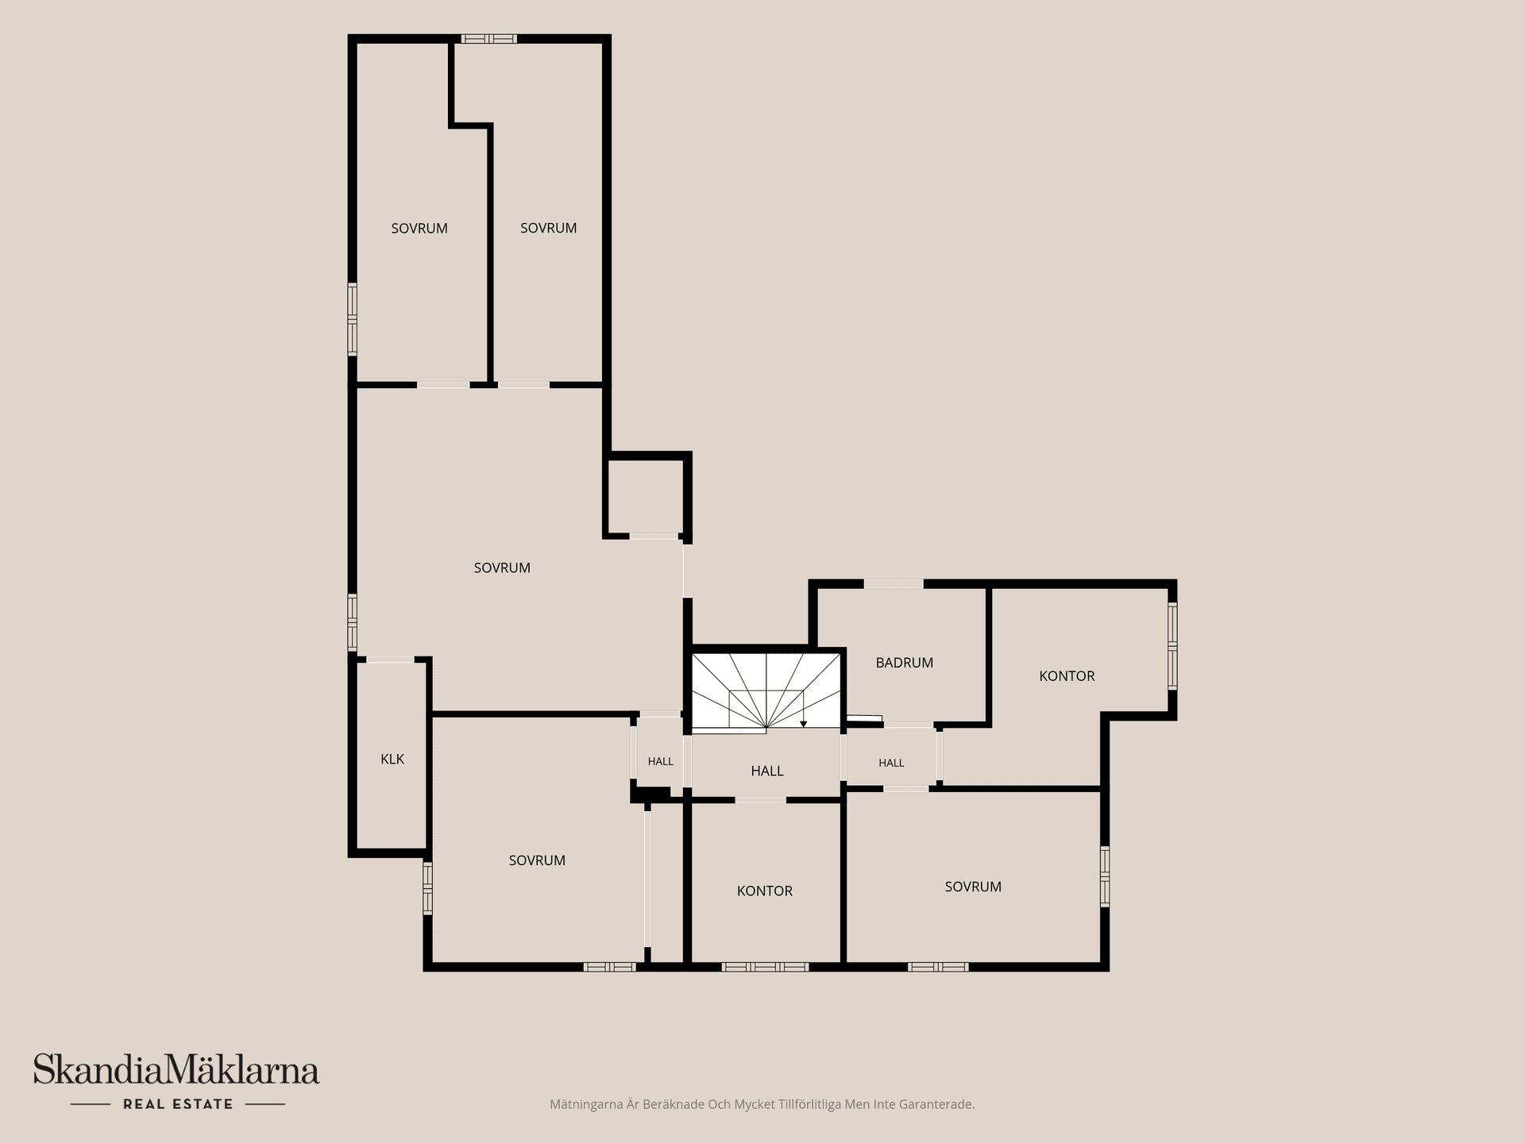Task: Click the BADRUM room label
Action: click(x=904, y=663)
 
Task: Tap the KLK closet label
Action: click(x=392, y=759)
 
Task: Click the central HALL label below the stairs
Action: click(x=767, y=771)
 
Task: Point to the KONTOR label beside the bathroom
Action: click(x=1067, y=676)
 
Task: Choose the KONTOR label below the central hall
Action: click(x=764, y=891)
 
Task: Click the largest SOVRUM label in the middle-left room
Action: click(x=502, y=568)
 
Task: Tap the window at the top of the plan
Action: click(x=489, y=39)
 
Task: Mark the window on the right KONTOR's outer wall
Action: click(x=1172, y=646)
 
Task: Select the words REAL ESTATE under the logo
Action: click(x=178, y=1104)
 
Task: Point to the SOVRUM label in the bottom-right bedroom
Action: click(x=973, y=887)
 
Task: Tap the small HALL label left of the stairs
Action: click(x=660, y=761)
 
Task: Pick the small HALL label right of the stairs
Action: click(x=891, y=763)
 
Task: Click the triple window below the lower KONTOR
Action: click(x=765, y=967)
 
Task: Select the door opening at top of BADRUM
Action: click(x=894, y=584)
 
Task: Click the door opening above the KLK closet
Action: click(x=390, y=660)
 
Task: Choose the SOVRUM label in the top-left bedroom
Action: click(x=419, y=229)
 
